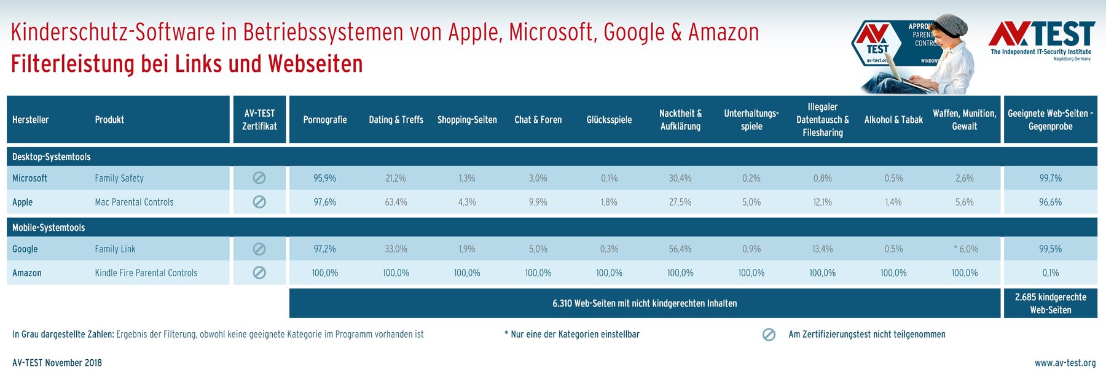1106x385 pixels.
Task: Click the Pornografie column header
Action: coord(324,120)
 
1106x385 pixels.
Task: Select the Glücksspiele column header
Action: coord(609,120)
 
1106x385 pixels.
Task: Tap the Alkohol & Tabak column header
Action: coord(893,120)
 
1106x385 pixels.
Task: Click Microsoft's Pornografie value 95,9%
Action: coord(324,178)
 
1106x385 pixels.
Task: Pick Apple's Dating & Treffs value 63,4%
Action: coord(396,202)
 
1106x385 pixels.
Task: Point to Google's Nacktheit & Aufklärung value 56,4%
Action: coord(680,249)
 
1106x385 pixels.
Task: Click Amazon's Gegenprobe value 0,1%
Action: coord(1050,273)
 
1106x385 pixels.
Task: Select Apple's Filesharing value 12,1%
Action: coord(822,202)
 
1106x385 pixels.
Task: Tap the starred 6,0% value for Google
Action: coord(965,249)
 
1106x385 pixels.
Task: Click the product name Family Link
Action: coord(115,249)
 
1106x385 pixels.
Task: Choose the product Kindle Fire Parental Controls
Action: coord(146,273)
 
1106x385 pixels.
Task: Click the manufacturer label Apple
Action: coord(23,202)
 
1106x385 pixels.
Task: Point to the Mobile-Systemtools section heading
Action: coord(49,227)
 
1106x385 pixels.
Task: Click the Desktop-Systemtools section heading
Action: coord(51,157)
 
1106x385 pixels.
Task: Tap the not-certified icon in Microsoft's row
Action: coord(259,178)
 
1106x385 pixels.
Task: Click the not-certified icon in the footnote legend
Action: coord(769,335)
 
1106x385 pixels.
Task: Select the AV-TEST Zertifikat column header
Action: coord(259,120)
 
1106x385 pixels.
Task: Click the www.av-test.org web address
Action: coord(1065,363)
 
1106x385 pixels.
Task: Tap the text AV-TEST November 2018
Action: coord(57,363)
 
